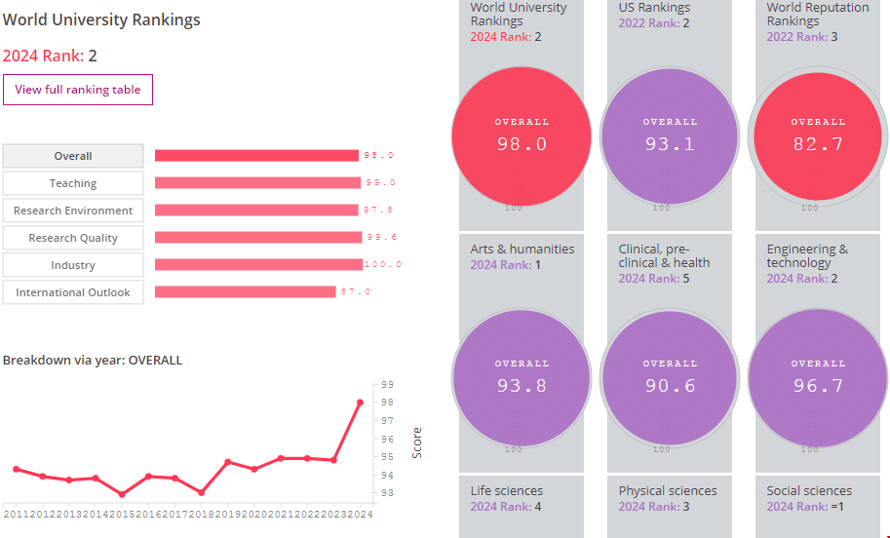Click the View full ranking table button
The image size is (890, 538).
(x=78, y=90)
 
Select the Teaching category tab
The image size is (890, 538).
(x=73, y=183)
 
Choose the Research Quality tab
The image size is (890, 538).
(x=73, y=238)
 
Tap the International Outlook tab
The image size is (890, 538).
(x=73, y=292)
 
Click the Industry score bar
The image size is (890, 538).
(x=258, y=265)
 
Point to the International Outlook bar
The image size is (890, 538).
(x=245, y=292)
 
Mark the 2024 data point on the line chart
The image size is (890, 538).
(x=360, y=403)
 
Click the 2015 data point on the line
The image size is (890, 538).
(x=122, y=494)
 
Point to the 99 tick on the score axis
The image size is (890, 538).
(x=387, y=385)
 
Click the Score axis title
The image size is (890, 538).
(x=417, y=442)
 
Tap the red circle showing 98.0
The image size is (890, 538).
(x=522, y=136)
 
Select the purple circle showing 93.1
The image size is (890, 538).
(x=670, y=136)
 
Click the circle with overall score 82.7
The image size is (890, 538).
(x=818, y=136)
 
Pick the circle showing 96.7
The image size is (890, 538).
(x=818, y=378)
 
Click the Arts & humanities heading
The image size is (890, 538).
(x=522, y=250)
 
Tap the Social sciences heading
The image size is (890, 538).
(x=809, y=491)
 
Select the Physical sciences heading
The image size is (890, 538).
(x=668, y=491)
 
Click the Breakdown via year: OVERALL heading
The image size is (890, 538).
(x=93, y=361)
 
